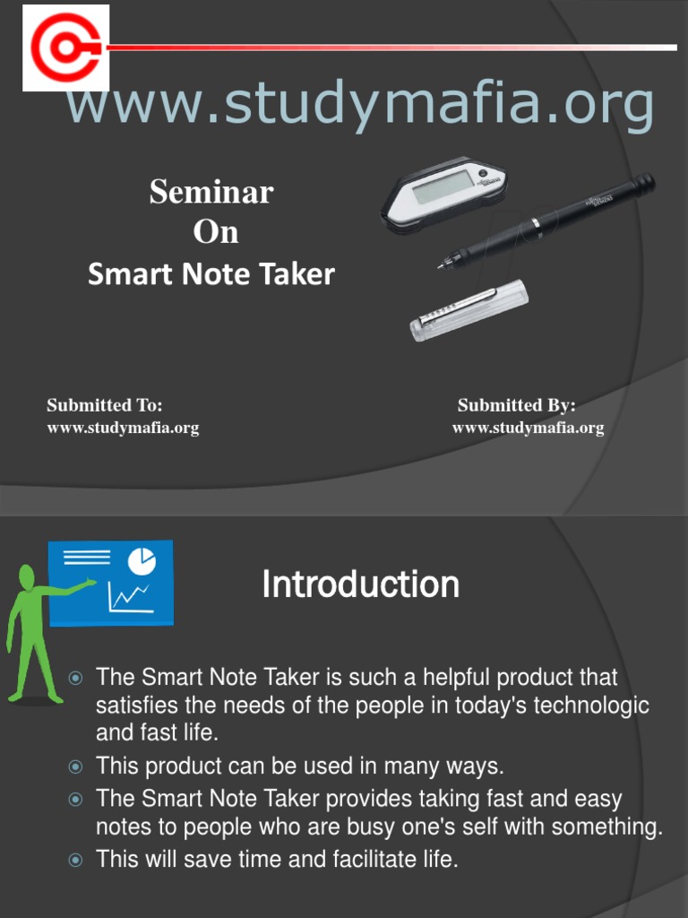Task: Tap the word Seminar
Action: click(211, 191)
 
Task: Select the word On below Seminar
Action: click(216, 232)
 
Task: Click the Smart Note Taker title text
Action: click(211, 274)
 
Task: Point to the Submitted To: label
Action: click(105, 405)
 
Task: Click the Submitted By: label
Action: click(517, 405)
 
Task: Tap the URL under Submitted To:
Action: click(123, 428)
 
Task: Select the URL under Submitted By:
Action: click(528, 428)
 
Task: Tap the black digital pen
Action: click(546, 220)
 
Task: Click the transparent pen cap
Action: click(469, 310)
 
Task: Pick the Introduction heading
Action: click(360, 585)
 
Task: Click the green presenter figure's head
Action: click(27, 577)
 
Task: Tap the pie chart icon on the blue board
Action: click(142, 561)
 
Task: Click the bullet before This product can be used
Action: click(76, 766)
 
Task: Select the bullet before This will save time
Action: click(76, 860)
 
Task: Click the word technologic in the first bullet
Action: click(591, 705)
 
